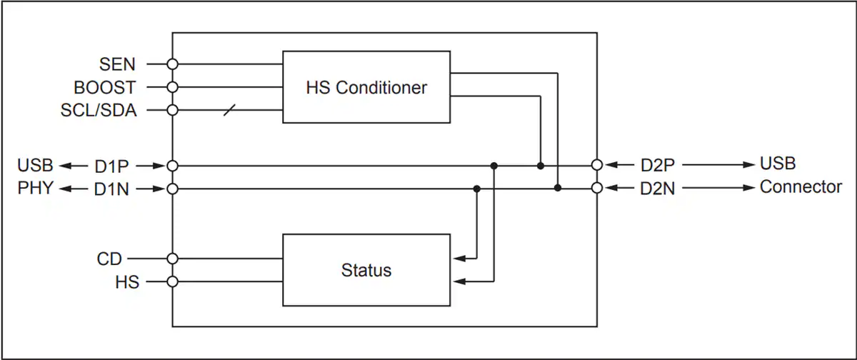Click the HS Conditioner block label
(x=366, y=88)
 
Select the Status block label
(x=366, y=270)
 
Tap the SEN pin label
(x=117, y=64)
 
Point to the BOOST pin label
(x=105, y=87)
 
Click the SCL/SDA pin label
(x=99, y=110)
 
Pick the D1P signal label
(x=111, y=166)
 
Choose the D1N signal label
(x=111, y=189)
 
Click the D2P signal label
(x=657, y=165)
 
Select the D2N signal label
(x=657, y=189)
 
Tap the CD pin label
(x=109, y=259)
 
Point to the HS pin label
(x=127, y=282)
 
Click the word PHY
(x=35, y=188)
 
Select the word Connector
(x=801, y=187)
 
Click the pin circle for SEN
(x=173, y=64)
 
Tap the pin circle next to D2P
(x=597, y=165)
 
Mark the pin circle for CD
(x=173, y=259)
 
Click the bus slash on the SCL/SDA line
(x=229, y=110)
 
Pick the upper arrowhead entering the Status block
(x=459, y=259)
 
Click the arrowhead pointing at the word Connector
(x=748, y=188)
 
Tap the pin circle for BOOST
(x=173, y=87)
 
